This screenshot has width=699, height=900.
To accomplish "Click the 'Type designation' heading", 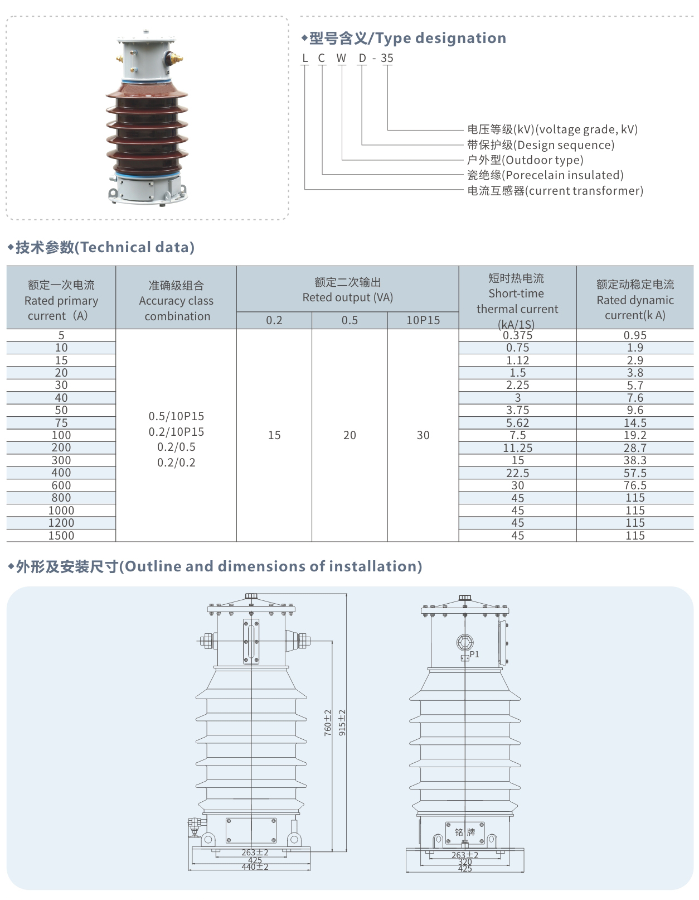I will (x=407, y=38).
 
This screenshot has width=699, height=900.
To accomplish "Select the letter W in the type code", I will (x=341, y=58).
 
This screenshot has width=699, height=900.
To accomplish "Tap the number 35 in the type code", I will (x=387, y=58).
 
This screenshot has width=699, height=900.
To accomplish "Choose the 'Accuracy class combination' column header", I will (x=176, y=301).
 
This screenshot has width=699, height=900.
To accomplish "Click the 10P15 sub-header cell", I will (x=423, y=320).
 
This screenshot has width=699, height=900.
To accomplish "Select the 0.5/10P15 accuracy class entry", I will (x=176, y=416).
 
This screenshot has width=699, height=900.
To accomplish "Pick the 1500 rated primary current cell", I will (x=61, y=536).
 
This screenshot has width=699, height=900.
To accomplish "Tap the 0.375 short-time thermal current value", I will (x=517, y=335).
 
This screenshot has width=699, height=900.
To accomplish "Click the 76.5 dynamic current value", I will (x=635, y=485).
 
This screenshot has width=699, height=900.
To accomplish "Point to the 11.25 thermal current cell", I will (x=517, y=448).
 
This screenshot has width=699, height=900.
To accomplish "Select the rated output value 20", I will (x=349, y=435).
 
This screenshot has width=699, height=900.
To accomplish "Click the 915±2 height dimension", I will (x=342, y=723).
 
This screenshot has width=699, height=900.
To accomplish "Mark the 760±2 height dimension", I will (x=328, y=723).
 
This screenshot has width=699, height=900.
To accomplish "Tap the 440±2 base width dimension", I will (x=255, y=867).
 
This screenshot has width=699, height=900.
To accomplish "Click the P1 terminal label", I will (x=474, y=654).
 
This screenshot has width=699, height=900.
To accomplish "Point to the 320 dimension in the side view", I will (x=465, y=862).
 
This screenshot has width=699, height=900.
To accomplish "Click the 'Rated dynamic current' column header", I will (x=635, y=300).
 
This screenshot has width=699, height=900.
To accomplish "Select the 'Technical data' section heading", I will (x=105, y=247).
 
